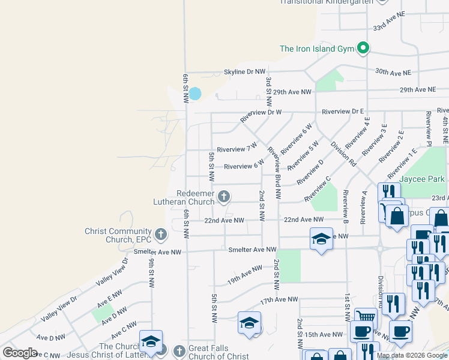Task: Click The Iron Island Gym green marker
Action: tap(363, 48)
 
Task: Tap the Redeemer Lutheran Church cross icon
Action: tap(224, 196)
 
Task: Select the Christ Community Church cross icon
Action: tap(160, 234)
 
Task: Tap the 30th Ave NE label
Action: tap(393, 71)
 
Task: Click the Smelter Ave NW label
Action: tap(252, 250)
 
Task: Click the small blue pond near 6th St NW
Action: tap(195, 94)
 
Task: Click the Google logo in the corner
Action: tap(20, 353)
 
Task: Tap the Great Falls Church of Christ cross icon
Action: tap(179, 350)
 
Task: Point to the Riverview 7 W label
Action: tap(237, 148)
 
